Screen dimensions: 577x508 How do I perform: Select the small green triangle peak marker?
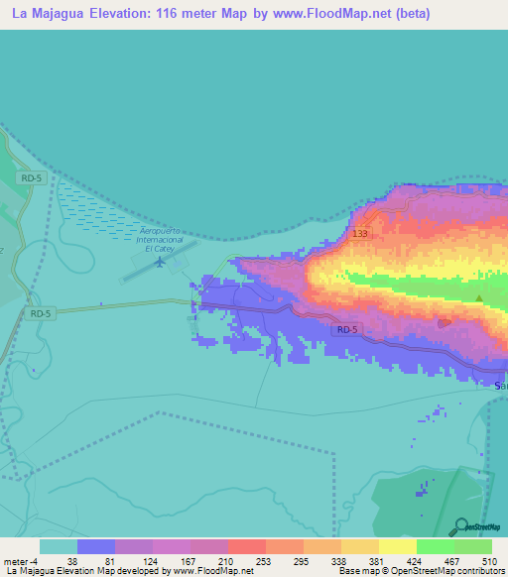pos(479,297)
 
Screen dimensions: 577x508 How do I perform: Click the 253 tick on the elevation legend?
pos(265,560)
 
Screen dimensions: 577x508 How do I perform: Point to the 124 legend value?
pos(152,560)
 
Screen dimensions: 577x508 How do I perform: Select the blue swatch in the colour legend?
pos(96,546)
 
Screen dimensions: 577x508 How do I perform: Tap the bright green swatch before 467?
pos(435,546)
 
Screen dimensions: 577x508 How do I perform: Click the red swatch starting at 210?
pos(246,546)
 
